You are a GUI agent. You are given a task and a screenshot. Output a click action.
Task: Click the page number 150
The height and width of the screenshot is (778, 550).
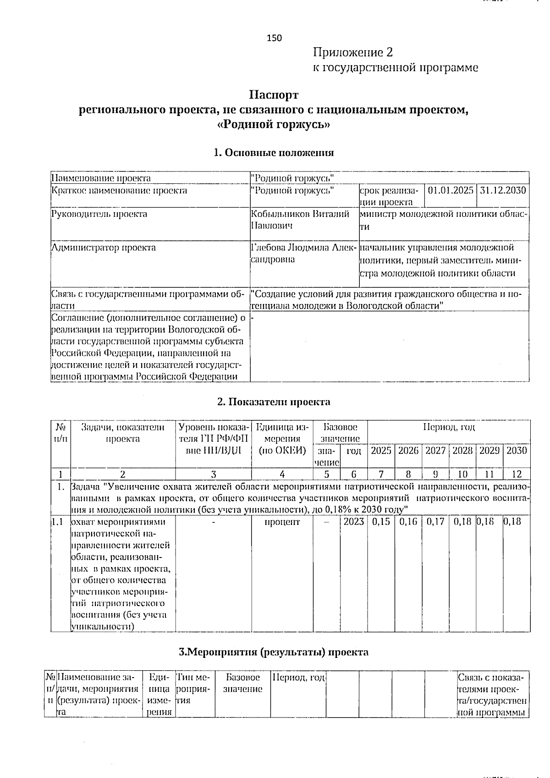pyautogui.click(x=275, y=38)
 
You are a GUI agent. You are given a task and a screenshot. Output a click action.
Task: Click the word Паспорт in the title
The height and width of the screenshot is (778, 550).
pyautogui.click(x=274, y=95)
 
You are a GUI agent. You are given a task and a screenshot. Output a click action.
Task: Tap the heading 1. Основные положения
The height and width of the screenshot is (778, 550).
pyautogui.click(x=274, y=153)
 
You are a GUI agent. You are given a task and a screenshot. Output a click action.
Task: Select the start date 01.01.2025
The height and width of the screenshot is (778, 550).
pyautogui.click(x=451, y=190)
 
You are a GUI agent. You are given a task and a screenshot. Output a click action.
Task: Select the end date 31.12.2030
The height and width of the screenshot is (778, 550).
pyautogui.click(x=503, y=190)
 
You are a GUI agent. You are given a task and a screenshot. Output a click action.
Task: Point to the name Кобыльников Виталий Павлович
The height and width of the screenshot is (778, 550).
pyautogui.click(x=301, y=220)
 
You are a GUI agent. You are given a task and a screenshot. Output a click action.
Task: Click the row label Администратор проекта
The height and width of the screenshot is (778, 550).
pyautogui.click(x=104, y=248)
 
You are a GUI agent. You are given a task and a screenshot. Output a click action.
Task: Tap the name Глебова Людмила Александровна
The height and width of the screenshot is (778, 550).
pyautogui.click(x=303, y=254)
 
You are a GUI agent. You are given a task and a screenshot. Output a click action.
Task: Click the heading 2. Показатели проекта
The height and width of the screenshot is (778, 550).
pyautogui.click(x=274, y=402)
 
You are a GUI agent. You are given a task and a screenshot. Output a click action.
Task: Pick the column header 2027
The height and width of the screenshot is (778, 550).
pyautogui.click(x=435, y=451)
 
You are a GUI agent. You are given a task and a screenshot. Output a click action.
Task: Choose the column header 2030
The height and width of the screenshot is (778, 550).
pyautogui.click(x=517, y=451)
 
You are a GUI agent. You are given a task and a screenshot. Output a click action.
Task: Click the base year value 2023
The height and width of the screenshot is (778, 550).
pyautogui.click(x=353, y=522)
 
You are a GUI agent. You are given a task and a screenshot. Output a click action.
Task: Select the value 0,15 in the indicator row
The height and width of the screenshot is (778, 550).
pyautogui.click(x=381, y=522)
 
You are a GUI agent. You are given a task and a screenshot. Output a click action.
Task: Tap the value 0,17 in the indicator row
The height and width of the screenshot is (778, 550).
pyautogui.click(x=435, y=522)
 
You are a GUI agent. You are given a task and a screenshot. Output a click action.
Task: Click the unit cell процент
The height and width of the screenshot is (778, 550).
pyautogui.click(x=282, y=522)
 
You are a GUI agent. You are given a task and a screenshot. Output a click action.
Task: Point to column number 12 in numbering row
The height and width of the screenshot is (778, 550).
pyautogui.click(x=517, y=474)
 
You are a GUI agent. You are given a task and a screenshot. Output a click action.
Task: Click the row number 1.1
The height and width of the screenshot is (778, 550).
pyautogui.click(x=58, y=522)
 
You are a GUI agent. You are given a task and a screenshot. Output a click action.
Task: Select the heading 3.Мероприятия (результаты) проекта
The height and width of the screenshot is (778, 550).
pyautogui.click(x=274, y=652)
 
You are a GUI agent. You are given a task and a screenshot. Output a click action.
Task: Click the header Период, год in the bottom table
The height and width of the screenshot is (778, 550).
pyautogui.click(x=299, y=677)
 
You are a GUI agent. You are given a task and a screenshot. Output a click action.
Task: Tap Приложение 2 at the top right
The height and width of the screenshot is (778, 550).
pyautogui.click(x=353, y=52)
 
